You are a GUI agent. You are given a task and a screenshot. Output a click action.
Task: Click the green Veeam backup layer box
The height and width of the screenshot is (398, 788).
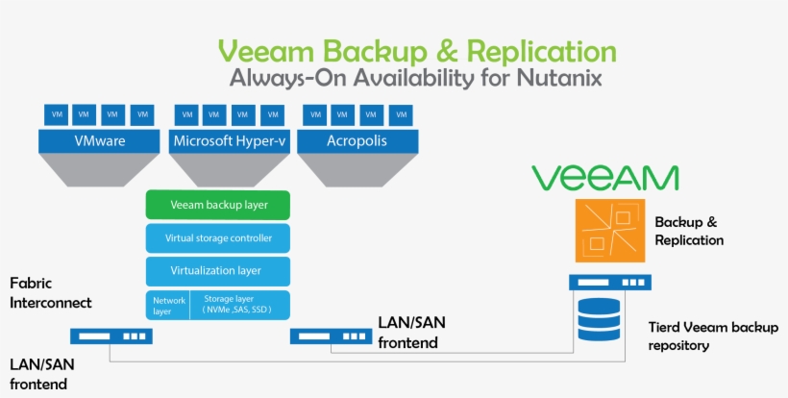218,205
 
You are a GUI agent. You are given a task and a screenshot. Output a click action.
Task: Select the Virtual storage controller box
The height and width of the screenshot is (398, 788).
218,237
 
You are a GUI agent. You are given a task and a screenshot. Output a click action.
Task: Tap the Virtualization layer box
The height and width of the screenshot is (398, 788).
218,270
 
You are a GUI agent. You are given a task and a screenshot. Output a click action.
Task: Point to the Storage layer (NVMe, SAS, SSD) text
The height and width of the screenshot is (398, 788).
237,305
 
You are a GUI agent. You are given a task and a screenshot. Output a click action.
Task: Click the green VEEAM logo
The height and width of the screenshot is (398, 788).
605,178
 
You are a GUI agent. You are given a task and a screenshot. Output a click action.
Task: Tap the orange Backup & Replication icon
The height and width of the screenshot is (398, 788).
608,232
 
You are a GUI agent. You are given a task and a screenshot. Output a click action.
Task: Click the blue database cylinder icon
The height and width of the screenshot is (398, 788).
599,320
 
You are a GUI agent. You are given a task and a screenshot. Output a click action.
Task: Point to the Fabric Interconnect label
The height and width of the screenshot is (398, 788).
51,293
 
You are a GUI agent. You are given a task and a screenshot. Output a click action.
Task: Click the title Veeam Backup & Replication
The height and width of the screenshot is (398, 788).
417,50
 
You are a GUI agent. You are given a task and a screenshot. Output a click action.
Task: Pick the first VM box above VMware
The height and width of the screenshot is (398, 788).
53,114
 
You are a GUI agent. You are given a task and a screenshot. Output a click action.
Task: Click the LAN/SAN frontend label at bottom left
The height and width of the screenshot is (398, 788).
40,374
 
